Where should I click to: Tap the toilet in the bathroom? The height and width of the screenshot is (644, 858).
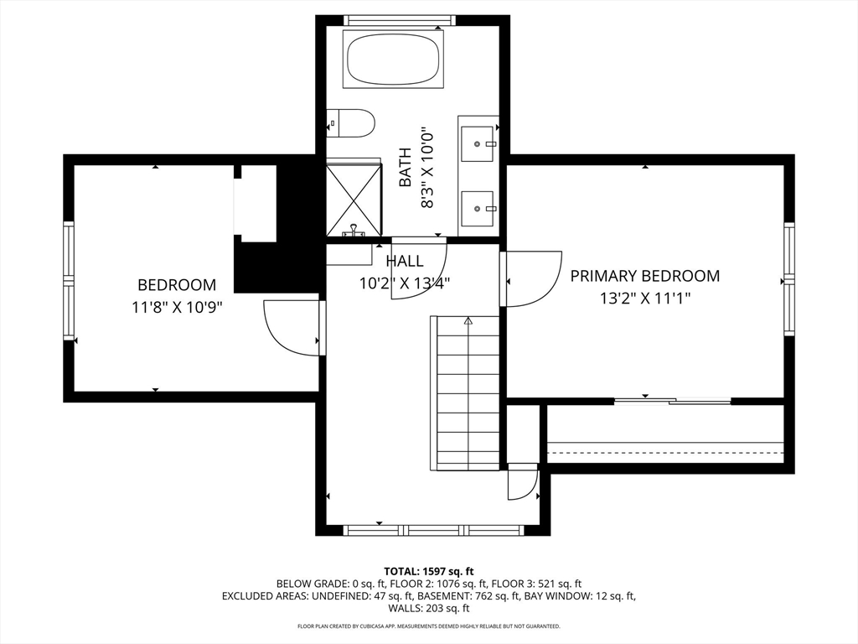pyautogui.click(x=351, y=124)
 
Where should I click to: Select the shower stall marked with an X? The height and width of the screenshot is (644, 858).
pyautogui.click(x=354, y=200)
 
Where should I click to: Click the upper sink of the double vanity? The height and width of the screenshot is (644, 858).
pyautogui.click(x=478, y=143)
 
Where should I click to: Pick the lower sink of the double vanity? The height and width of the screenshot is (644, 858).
pyautogui.click(x=478, y=208)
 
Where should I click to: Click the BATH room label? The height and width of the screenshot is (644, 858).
pyautogui.click(x=406, y=167)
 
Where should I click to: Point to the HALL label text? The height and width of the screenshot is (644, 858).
pyautogui.click(x=405, y=262)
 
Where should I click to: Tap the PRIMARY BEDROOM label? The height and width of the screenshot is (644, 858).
pyautogui.click(x=644, y=276)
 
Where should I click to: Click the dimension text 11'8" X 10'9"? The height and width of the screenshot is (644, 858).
pyautogui.click(x=177, y=307)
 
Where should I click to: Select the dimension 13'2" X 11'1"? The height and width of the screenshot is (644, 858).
pyautogui.click(x=644, y=298)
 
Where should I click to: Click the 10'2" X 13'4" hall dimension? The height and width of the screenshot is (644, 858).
pyautogui.click(x=405, y=283)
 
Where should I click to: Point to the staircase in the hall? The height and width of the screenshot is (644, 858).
pyautogui.click(x=468, y=394)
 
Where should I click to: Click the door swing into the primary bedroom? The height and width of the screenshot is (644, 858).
pyautogui.click(x=533, y=279)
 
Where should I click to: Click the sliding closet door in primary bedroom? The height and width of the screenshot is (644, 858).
pyautogui.click(x=673, y=401)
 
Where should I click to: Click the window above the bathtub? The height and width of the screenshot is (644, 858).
pyautogui.click(x=399, y=20)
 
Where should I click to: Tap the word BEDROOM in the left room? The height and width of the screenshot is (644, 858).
pyautogui.click(x=177, y=285)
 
